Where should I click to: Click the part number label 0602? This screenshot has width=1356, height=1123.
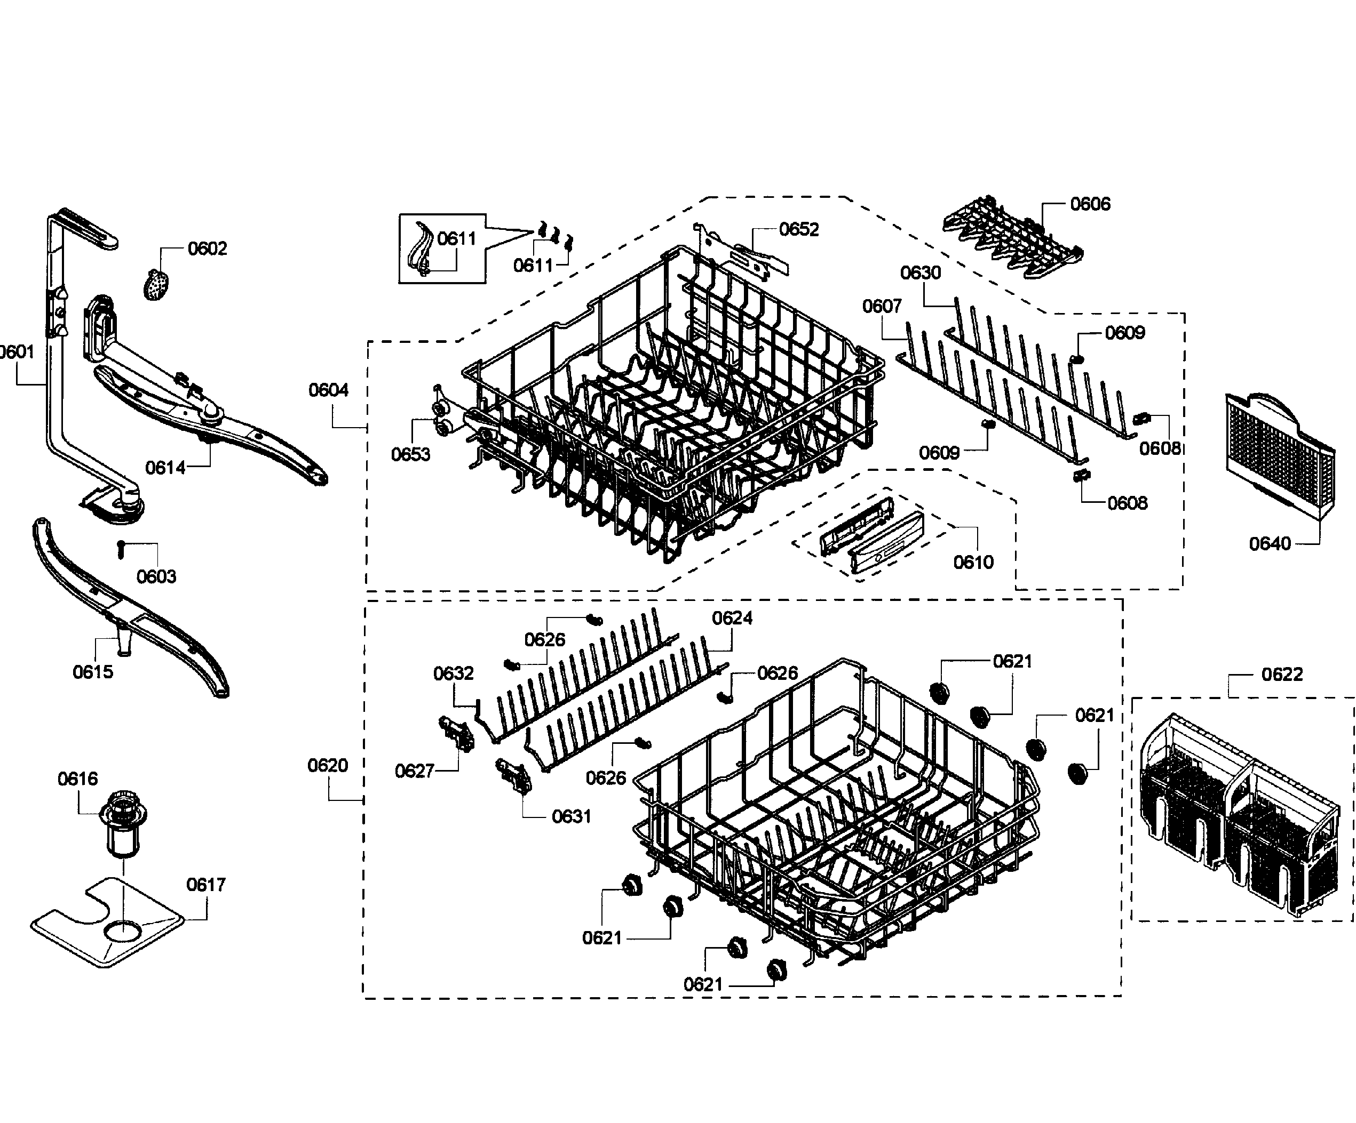207,248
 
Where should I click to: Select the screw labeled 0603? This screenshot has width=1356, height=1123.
121,550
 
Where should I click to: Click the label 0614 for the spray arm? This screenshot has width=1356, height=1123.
165,467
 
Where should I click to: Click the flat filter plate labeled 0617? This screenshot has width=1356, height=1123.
107,923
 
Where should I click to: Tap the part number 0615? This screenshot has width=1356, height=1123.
92,672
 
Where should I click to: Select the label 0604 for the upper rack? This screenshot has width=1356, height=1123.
328,390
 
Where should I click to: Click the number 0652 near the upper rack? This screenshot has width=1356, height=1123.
799,229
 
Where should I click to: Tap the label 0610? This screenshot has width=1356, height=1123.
973,562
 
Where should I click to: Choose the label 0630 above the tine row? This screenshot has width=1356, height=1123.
920,272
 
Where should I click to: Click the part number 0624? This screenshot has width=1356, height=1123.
732,619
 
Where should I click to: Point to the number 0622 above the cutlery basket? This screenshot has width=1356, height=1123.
1282,675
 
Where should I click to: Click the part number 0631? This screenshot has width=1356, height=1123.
572,816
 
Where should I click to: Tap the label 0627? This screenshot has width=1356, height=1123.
414,771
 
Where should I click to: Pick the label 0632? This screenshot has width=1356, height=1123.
453,673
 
